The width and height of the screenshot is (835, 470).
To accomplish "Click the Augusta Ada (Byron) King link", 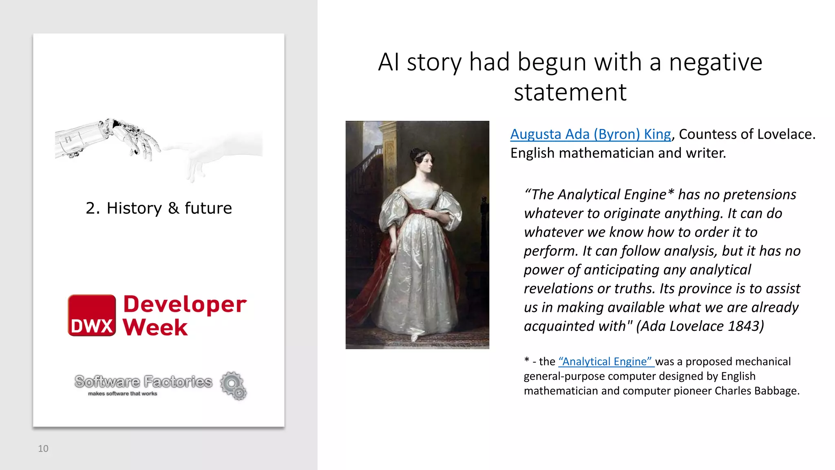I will click(x=590, y=134).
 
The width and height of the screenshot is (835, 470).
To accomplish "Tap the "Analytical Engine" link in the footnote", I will click(x=606, y=361).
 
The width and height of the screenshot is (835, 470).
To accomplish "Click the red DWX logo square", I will click(x=92, y=315).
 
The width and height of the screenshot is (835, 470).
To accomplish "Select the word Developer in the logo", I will click(x=185, y=304).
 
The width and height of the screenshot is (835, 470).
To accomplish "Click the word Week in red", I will click(x=155, y=327).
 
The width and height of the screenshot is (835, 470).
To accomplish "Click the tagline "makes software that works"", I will click(x=122, y=394).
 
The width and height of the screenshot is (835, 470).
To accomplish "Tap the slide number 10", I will click(x=43, y=448).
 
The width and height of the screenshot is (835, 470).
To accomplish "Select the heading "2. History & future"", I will click(x=159, y=208).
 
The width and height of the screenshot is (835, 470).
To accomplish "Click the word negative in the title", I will click(x=716, y=62).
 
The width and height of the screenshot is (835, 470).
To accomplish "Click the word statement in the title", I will click(x=570, y=93).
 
